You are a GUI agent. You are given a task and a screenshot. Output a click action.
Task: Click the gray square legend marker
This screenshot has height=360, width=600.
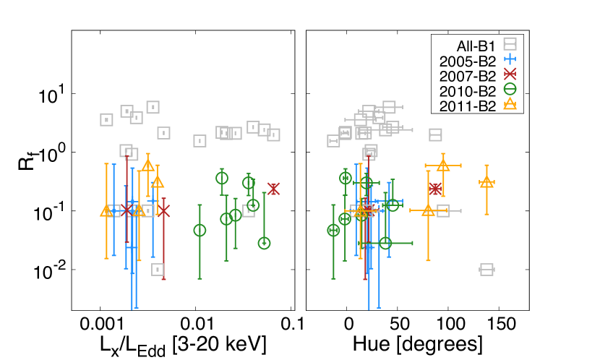[510, 43]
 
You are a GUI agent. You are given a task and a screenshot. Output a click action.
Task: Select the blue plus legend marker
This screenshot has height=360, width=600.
[510, 59]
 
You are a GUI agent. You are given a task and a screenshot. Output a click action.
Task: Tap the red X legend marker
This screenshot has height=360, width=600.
[510, 74]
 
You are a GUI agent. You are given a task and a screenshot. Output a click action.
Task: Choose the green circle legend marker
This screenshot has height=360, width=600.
[510, 89]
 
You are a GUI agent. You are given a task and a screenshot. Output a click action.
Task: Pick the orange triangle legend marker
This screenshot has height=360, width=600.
[510, 103]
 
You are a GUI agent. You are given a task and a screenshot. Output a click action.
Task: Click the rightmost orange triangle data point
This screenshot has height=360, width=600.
[487, 181]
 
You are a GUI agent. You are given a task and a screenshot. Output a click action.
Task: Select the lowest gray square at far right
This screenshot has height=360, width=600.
[487, 270]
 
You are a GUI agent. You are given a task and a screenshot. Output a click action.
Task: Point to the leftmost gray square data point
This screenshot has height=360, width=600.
[106, 119]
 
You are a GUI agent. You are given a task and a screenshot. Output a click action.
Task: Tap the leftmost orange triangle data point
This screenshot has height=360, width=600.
[106, 210]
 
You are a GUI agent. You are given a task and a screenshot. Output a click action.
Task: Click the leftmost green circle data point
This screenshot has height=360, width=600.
[200, 230]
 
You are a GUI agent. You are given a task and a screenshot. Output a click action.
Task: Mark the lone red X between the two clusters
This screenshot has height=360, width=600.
[273, 189]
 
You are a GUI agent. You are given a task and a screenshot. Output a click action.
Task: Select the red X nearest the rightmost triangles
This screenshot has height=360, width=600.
[434, 189]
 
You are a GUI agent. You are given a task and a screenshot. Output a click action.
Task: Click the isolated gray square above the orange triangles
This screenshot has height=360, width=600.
[435, 134]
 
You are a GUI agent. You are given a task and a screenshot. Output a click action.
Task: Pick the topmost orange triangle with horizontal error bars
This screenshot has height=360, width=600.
[443, 166]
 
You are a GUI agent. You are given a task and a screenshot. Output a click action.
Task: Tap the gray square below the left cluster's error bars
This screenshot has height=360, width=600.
[158, 270]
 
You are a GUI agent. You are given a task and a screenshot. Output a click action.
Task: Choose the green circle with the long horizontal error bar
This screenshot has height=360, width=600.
[385, 243]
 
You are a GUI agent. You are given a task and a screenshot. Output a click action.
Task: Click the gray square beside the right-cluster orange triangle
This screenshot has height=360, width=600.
[443, 210]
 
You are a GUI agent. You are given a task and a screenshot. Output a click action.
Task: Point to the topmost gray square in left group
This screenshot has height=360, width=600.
[153, 107]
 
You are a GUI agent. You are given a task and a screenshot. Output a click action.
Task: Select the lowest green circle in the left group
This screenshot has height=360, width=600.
[264, 243]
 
